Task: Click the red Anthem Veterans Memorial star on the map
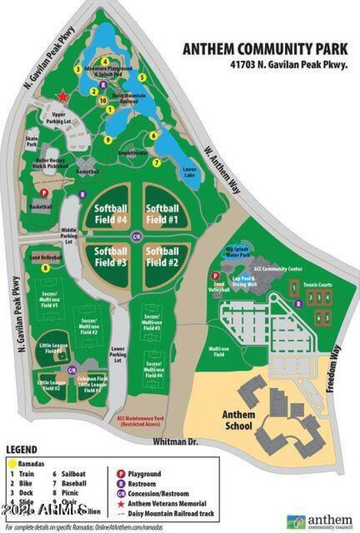pos(63,96)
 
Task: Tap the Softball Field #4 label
pos(111,214)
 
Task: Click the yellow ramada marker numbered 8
pos(45,269)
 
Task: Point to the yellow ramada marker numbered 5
pos(142,77)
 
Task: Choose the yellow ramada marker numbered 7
pos(157,163)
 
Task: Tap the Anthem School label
pos(238,420)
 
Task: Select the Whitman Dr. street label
pos(175,442)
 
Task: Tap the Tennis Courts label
pos(317,285)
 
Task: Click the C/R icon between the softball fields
pos(136,236)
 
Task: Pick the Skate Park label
pos(31,141)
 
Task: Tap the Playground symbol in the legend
pos(120,474)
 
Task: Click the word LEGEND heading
pos(22,450)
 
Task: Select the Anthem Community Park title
pos(265,49)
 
